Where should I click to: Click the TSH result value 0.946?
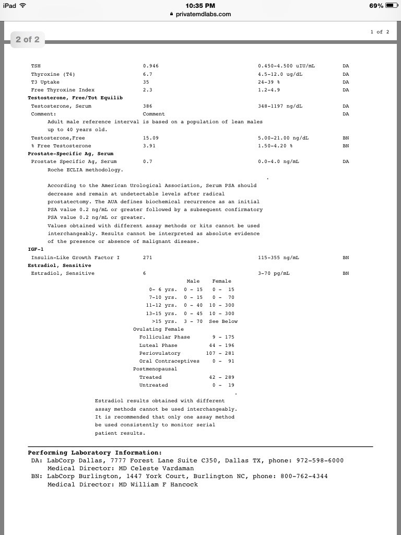(151, 66)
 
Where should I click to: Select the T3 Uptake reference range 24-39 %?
(269, 82)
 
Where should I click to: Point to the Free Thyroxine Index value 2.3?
(148, 90)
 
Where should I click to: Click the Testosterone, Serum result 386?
(148, 106)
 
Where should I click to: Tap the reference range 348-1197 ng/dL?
(280, 106)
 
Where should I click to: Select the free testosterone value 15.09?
(151, 138)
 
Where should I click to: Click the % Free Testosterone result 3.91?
(149, 146)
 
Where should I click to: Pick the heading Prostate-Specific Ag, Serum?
(70, 154)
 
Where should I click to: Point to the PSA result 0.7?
(148, 161)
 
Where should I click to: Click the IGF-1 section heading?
(36, 249)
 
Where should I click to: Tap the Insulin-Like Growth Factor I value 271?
(148, 258)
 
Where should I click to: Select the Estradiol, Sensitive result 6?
(145, 273)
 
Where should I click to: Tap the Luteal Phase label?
(158, 345)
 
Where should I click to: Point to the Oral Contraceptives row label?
(169, 361)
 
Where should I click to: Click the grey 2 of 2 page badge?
(27, 40)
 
